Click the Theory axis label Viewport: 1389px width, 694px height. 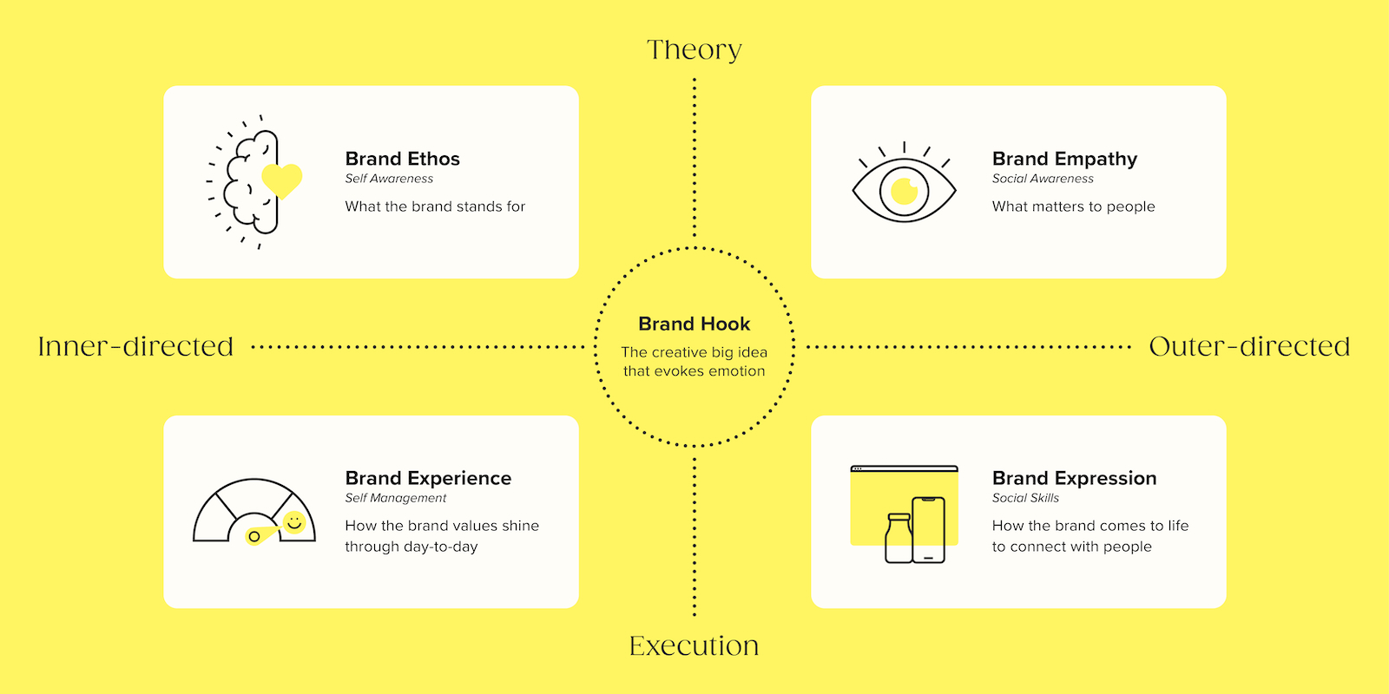click(x=694, y=49)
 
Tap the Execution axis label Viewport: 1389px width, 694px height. click(x=694, y=645)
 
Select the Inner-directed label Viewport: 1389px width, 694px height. click(x=135, y=346)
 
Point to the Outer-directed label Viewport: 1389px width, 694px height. click(x=1249, y=346)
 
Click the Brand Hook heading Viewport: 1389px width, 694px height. click(x=694, y=324)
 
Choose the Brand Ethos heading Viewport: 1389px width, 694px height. click(x=403, y=159)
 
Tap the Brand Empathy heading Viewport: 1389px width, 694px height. click(x=1064, y=160)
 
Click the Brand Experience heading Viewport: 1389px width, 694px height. click(x=428, y=478)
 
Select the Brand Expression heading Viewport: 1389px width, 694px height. click(x=1074, y=478)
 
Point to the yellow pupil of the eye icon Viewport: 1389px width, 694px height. click(x=904, y=191)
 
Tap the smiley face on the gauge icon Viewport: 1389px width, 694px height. click(x=294, y=522)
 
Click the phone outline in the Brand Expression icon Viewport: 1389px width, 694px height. click(x=928, y=530)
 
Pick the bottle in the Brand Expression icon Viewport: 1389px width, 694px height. click(x=899, y=538)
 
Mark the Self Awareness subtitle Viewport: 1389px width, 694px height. click(x=389, y=179)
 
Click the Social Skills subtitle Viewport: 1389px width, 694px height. click(x=1025, y=498)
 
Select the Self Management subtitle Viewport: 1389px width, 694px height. click(x=396, y=498)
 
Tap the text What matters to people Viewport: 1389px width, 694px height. click(x=1073, y=206)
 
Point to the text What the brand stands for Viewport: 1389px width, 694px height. click(x=435, y=206)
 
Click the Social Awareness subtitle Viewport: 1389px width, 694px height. click(x=1043, y=179)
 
